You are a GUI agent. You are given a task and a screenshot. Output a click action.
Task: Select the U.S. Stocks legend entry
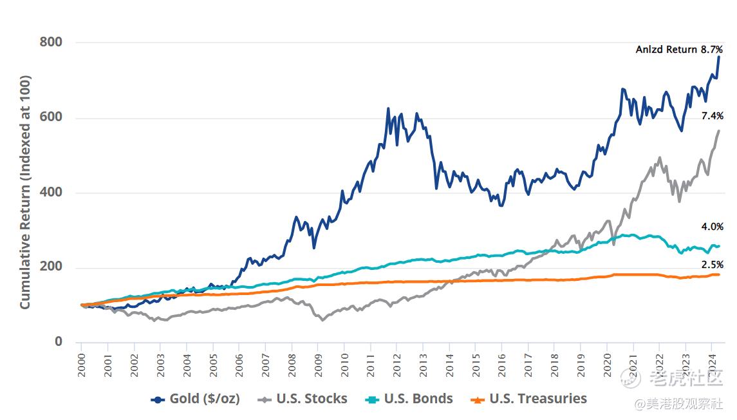coord(303,399)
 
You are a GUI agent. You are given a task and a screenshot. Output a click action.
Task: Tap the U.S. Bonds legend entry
coord(410,399)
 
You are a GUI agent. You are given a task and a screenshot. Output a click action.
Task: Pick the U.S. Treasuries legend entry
coord(529,399)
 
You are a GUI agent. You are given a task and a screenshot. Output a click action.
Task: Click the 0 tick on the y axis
coord(58,342)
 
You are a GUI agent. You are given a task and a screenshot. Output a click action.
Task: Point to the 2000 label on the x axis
coord(82,364)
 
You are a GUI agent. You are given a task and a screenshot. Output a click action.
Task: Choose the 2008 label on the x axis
coord(292,364)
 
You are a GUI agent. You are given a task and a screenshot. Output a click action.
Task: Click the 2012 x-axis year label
coord(397,364)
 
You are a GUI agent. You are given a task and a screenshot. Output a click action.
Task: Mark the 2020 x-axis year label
coord(607,364)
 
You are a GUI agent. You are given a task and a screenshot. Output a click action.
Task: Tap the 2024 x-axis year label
coord(712,364)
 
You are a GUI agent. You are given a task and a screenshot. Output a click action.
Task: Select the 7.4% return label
coord(713,116)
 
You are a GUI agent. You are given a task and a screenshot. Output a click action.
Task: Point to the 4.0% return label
coord(713,227)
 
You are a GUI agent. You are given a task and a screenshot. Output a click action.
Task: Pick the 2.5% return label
coord(713,265)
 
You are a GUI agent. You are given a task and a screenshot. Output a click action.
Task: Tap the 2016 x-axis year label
coord(502,364)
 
